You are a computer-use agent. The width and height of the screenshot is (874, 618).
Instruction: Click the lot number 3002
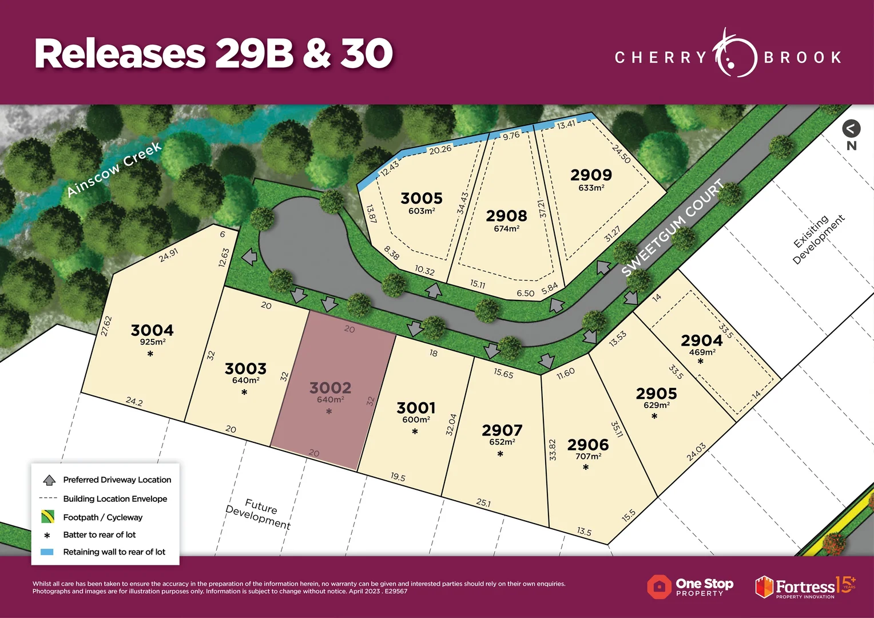[330, 388]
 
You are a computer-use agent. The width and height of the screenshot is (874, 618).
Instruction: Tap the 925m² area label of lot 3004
[153, 342]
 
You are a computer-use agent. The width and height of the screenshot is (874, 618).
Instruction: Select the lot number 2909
[591, 175]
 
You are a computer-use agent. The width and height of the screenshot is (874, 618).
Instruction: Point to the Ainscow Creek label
[114, 169]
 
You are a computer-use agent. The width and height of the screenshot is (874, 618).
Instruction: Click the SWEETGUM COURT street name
[673, 228]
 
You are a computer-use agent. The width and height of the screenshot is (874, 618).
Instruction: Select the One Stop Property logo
[690, 587]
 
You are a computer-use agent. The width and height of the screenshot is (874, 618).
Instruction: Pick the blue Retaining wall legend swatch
[47, 552]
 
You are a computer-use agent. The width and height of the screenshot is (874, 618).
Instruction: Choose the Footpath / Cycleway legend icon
[47, 517]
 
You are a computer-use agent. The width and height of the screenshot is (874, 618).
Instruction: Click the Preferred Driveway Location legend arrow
[49, 480]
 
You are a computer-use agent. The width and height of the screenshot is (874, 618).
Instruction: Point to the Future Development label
[259, 513]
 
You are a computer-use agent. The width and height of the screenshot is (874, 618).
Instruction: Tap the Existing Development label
[819, 239]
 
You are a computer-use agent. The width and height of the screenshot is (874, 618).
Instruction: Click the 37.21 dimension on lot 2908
[542, 208]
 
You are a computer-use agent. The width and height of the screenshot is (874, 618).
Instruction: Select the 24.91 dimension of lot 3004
[168, 255]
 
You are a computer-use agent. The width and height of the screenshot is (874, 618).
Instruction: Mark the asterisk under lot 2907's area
[500, 454]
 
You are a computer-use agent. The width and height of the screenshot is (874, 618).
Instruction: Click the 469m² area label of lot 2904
[702, 352]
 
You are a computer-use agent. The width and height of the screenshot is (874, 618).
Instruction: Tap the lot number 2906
[588, 445]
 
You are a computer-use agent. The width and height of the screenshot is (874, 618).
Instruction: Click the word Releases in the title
[120, 54]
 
